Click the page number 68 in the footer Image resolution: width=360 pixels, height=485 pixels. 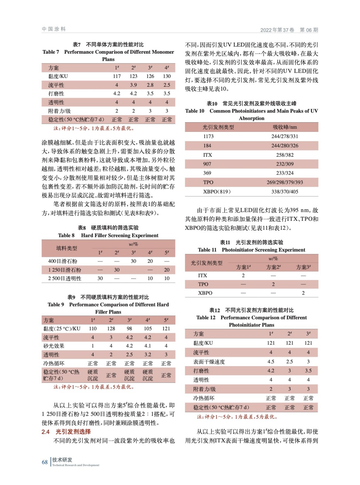(45, 462)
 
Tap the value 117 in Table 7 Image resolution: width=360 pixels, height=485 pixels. (117, 76)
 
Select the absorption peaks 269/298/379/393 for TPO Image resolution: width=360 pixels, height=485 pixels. (284, 182)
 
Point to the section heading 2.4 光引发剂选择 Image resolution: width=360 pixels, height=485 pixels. (66, 432)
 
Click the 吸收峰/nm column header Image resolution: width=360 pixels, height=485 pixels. (284, 127)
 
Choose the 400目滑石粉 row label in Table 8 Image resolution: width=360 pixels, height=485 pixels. (62, 261)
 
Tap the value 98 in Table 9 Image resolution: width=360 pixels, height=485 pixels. (129, 329)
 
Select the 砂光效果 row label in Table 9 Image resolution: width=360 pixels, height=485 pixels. (54, 346)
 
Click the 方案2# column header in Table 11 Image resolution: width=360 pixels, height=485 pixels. (273, 267)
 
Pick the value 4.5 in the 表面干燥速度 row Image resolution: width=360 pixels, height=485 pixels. (271, 362)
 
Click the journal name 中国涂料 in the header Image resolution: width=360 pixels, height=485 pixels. (54, 29)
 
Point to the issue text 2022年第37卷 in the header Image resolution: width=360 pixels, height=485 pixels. (277, 30)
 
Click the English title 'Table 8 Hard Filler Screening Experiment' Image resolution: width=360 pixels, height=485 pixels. (108, 235)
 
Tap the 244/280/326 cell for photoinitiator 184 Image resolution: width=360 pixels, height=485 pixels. (284, 145)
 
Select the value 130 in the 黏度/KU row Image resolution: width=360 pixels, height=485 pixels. (167, 76)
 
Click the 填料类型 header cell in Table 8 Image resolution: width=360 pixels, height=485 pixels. (66, 248)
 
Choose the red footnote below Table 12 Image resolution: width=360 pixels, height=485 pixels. (237, 417)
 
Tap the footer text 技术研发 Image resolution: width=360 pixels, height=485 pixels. (62, 460)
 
